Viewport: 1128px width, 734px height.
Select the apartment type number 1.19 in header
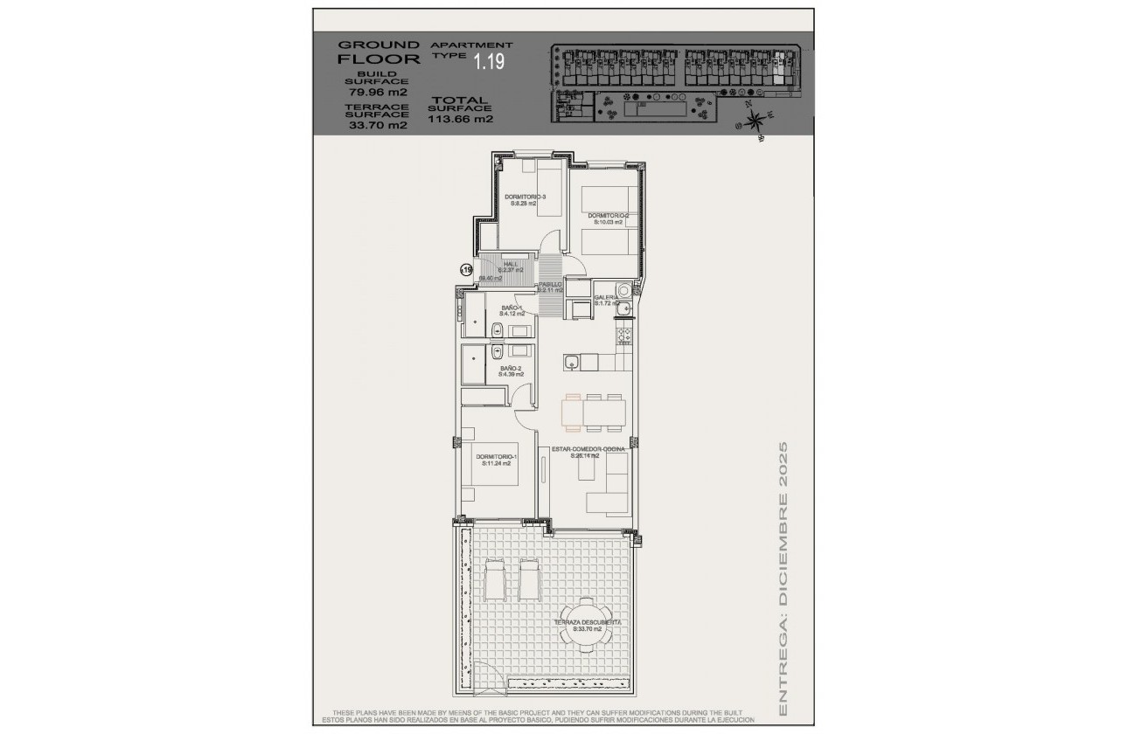click(489, 61)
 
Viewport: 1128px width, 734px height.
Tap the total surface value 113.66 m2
click(461, 120)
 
